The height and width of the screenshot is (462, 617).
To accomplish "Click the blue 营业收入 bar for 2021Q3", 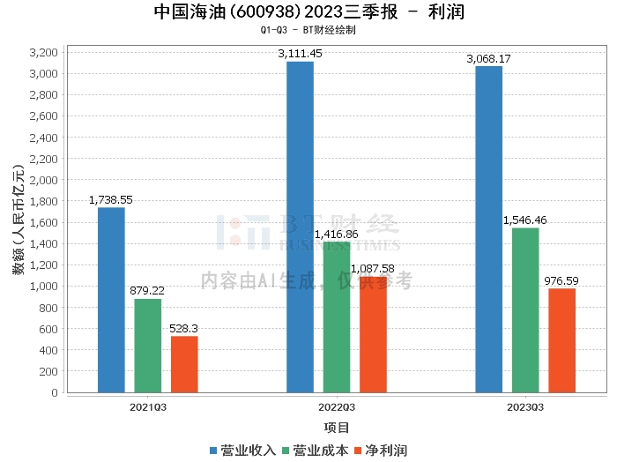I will tap(111, 300).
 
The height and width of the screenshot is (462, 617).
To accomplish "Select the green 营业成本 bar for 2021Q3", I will tap(148, 346).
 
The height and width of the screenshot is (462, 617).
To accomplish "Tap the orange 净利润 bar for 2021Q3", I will tap(184, 364).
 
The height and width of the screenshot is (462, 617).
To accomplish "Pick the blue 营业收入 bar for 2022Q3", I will tap(300, 227).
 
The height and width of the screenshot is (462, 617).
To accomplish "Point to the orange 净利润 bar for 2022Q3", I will tap(373, 334).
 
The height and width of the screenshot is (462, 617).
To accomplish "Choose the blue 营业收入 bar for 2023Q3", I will tap(488, 229).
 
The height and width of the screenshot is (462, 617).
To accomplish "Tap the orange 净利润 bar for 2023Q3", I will tap(561, 340).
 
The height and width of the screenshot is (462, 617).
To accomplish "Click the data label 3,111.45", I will tap(300, 54).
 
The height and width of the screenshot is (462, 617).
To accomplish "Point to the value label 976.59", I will tap(561, 281).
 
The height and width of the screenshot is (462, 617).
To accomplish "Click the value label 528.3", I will tap(184, 329).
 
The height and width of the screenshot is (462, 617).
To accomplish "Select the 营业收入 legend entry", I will tap(242, 450).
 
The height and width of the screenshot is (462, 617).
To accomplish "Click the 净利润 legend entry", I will tap(381, 450).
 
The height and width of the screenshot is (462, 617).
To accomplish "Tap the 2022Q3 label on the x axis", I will tap(337, 407).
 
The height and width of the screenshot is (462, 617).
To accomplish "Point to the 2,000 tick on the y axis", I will tap(43, 180).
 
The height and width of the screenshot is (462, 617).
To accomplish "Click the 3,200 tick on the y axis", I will tap(43, 52).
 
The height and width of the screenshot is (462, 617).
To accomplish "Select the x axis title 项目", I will tap(337, 428).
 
